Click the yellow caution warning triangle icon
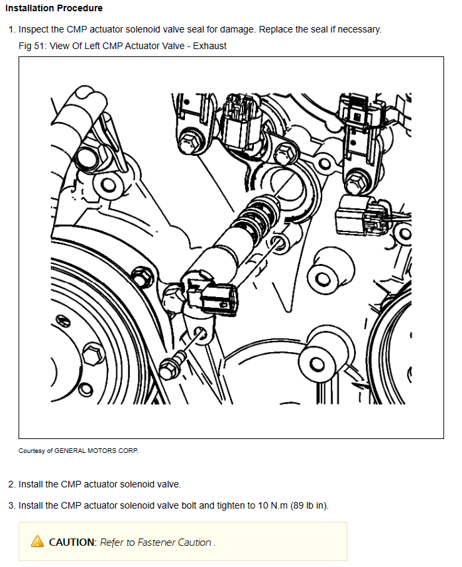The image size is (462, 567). tap(37, 541)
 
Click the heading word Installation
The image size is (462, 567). tap(29, 8)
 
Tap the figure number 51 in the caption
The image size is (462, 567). tap(39, 46)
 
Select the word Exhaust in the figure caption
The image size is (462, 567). tap(209, 46)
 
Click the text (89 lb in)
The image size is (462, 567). tap(310, 505)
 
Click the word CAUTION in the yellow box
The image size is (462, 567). tap(73, 542)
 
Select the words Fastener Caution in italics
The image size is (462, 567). tap(174, 542)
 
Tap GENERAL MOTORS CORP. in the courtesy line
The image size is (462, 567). tap(96, 450)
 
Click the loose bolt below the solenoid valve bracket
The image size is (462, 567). tap(172, 365)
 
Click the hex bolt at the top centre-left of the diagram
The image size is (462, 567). tap(189, 142)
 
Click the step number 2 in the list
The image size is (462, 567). tap(11, 484)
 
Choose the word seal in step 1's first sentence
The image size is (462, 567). tap(196, 29)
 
